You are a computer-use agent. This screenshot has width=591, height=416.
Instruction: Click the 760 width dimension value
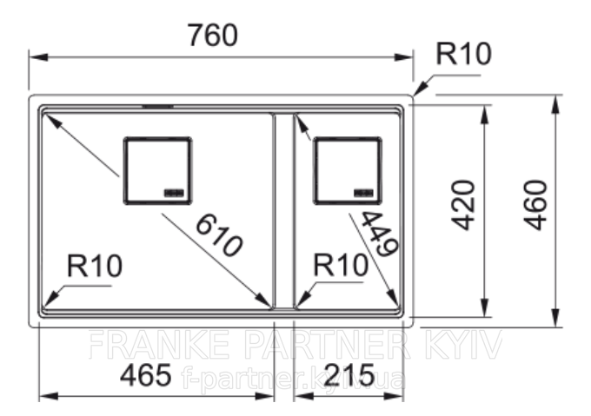pyautogui.click(x=213, y=35)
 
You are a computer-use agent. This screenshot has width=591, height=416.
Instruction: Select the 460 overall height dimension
pyautogui.click(x=535, y=205)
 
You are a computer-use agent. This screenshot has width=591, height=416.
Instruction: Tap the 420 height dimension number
pyautogui.click(x=463, y=205)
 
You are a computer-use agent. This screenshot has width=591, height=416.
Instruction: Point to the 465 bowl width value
pyautogui.click(x=145, y=375)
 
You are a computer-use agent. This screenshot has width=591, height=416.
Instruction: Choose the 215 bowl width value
pyautogui.click(x=349, y=375)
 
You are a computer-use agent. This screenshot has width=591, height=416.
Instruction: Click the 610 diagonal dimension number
pyautogui.click(x=219, y=235)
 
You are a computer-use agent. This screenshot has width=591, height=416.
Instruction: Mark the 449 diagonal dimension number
pyautogui.click(x=379, y=234)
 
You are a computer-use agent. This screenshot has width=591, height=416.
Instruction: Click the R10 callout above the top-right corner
pyautogui.click(x=463, y=54)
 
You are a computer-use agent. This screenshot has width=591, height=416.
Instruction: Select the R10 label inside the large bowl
pyautogui.click(x=95, y=266)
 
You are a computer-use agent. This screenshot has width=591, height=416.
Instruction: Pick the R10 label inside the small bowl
pyautogui.click(x=341, y=265)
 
